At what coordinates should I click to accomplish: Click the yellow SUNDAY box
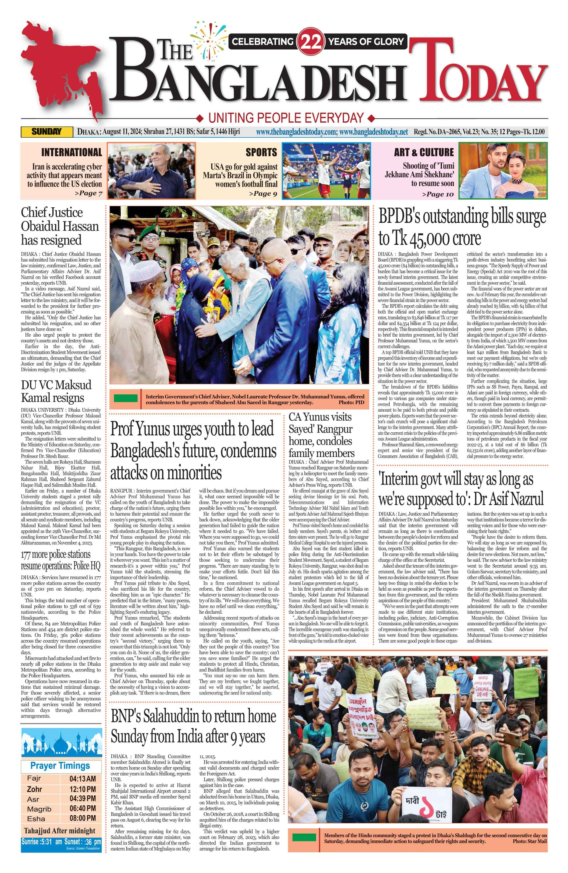click(47, 132)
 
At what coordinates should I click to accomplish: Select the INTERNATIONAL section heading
click(72, 152)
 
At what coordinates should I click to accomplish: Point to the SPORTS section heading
click(261, 152)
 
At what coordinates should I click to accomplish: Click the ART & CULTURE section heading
click(424, 152)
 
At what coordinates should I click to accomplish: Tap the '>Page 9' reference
click(263, 193)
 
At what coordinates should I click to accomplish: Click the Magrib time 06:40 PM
click(82, 808)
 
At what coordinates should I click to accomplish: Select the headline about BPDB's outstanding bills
click(462, 227)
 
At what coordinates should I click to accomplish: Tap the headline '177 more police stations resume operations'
click(60, 560)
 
